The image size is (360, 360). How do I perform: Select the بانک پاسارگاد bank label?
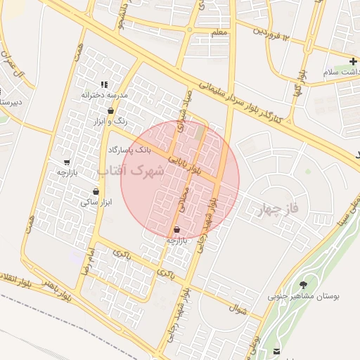(130, 150)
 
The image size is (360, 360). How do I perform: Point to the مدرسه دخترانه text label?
(104, 95)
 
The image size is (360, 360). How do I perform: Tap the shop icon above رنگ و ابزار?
(111, 111)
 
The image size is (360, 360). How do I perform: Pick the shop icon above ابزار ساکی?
(96, 191)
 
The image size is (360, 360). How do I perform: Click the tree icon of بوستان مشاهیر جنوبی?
(303, 285)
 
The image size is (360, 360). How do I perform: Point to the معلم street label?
(219, 32)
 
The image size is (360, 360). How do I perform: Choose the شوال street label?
(238, 307)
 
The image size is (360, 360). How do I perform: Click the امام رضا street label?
(86, 260)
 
